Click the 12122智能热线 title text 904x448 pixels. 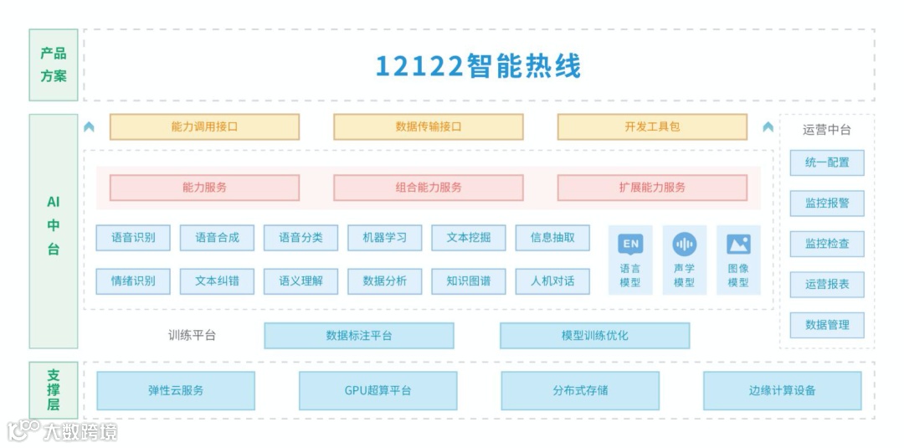click(478, 66)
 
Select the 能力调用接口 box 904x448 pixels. click(204, 126)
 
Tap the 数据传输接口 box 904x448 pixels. click(428, 126)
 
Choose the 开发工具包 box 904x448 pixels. click(652, 126)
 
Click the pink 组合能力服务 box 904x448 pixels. click(428, 188)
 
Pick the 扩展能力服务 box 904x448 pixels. click(652, 188)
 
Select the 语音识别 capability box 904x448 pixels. click(133, 238)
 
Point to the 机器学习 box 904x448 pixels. click(385, 238)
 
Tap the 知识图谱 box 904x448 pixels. click(469, 281)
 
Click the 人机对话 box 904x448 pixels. click(552, 281)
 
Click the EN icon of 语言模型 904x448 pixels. click(630, 245)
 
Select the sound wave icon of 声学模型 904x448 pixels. click(684, 245)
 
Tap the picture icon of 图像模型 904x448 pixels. click(738, 245)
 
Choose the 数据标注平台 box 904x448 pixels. click(358, 336)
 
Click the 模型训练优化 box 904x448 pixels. click(594, 336)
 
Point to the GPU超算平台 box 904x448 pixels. click(378, 390)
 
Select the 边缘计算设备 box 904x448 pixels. click(782, 390)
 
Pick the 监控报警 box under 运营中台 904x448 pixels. click(827, 203)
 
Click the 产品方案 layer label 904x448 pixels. click(54, 64)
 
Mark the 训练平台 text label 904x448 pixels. click(192, 336)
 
